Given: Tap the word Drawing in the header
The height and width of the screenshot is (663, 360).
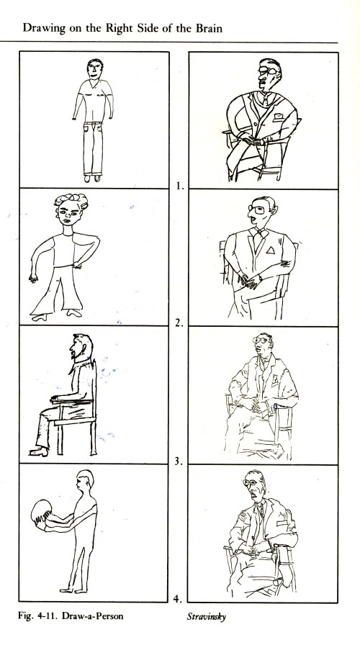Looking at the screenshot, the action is pyautogui.click(x=38, y=29).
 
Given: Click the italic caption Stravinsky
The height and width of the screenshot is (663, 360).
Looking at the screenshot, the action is pyautogui.click(x=207, y=616).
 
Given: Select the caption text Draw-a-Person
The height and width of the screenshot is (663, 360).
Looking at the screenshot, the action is pyautogui.click(x=93, y=615).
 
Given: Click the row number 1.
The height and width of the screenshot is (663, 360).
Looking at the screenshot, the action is pyautogui.click(x=180, y=186).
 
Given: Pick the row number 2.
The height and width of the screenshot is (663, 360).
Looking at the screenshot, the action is pyautogui.click(x=179, y=323).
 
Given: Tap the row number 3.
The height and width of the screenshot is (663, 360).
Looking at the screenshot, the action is pyautogui.click(x=179, y=461).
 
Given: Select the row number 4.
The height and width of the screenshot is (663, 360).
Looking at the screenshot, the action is pyautogui.click(x=178, y=598).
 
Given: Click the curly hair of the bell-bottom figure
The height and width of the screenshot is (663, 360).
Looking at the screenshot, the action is pyautogui.click(x=71, y=199).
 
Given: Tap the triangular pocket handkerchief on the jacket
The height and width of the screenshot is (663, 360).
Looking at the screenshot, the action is pyautogui.click(x=270, y=251).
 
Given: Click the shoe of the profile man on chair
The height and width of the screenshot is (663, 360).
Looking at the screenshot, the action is pyautogui.click(x=38, y=451).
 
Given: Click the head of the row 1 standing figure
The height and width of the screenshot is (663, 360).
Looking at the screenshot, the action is pyautogui.click(x=95, y=69).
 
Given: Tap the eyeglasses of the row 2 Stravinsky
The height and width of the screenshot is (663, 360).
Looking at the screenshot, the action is pyautogui.click(x=257, y=209).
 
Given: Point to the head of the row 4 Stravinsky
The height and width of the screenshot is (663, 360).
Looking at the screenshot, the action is pyautogui.click(x=255, y=485).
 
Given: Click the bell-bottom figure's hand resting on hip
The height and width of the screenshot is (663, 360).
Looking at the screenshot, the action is pyautogui.click(x=78, y=266).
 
